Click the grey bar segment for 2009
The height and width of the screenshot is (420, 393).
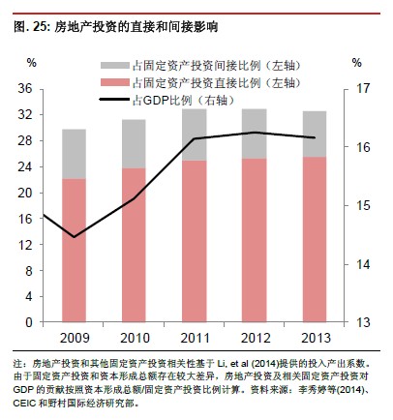click(74, 154)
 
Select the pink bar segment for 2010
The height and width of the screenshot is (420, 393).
click(134, 245)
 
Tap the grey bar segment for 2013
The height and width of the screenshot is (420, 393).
click(315, 135)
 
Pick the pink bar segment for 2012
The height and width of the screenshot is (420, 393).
click(255, 240)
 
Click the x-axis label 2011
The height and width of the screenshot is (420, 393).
click(195, 338)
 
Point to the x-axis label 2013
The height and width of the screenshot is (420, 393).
click(316, 338)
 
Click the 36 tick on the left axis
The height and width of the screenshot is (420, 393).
click(25, 88)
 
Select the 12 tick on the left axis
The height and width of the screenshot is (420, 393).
click(25, 245)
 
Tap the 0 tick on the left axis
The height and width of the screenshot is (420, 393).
click(29, 322)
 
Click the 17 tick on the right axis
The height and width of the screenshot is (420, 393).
click(363, 88)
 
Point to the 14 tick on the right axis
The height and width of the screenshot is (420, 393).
click(363, 264)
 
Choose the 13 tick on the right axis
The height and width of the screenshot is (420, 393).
click(363, 322)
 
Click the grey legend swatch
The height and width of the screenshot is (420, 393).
click(115, 66)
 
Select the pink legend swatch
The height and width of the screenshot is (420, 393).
click(115, 82)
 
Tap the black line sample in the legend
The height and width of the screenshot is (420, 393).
click(115, 100)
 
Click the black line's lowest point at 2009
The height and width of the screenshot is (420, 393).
click(75, 237)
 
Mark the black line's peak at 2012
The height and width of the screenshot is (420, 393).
click(255, 133)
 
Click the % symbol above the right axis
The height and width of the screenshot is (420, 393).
click(356, 63)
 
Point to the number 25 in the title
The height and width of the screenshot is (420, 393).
click(40, 27)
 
